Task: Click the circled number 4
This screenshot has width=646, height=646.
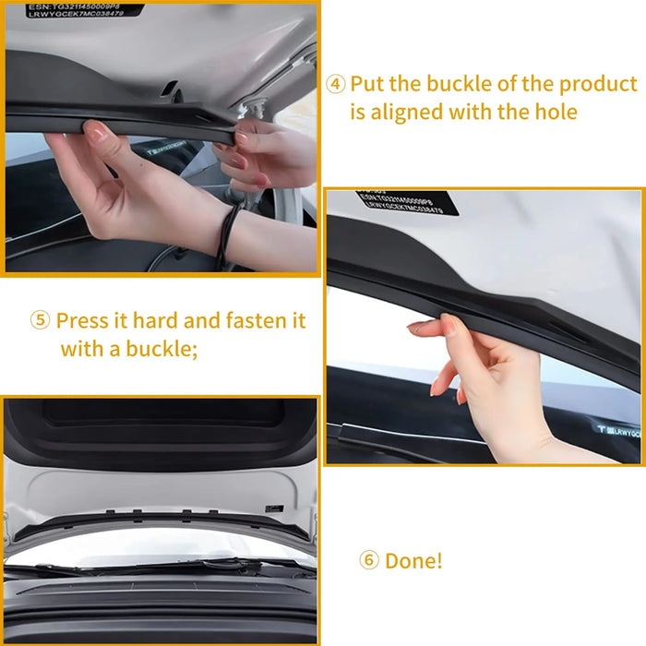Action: click(336, 84)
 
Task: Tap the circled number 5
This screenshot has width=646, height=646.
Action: click(40, 321)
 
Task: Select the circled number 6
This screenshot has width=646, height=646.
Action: click(368, 561)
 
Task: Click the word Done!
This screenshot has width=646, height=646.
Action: click(413, 561)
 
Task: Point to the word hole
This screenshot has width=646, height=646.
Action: click(553, 113)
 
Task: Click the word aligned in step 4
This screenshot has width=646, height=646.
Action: click(407, 113)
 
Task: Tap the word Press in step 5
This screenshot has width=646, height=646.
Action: click(82, 321)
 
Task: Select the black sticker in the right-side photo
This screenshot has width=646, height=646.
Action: click(407, 203)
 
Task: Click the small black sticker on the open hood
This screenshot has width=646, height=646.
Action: click(273, 508)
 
